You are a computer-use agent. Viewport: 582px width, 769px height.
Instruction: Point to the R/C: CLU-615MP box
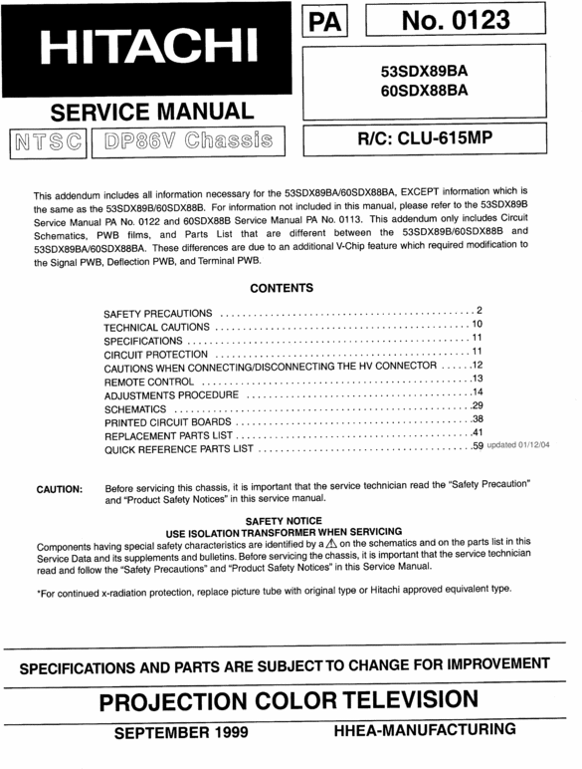pos(432,140)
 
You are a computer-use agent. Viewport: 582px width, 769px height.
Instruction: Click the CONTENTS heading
pos(281,289)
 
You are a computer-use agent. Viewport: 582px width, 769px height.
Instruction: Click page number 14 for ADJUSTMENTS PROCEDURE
pos(477,393)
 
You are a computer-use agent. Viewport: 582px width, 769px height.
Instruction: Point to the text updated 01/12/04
pos(517,446)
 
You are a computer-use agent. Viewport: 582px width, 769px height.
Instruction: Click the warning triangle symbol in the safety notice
pos(331,544)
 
